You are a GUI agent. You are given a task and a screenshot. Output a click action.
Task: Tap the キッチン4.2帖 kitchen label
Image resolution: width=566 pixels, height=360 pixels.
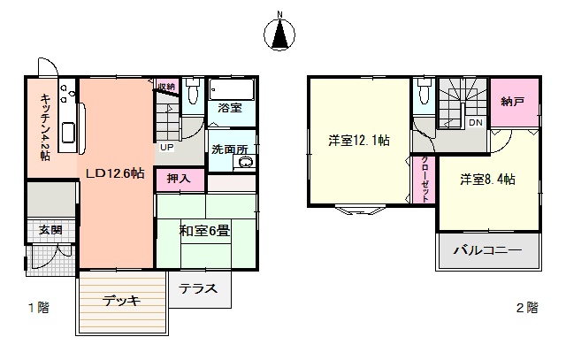tap(45, 127)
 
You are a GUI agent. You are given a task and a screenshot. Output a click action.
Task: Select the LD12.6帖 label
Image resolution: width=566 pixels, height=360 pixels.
tap(115, 173)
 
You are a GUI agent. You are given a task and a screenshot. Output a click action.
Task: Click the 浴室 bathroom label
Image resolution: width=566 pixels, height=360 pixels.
tap(230, 107)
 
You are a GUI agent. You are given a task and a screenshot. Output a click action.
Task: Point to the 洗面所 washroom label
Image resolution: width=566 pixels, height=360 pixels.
tap(230, 149)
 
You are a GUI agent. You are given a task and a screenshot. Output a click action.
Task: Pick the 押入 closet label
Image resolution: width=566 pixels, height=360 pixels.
tap(179, 179)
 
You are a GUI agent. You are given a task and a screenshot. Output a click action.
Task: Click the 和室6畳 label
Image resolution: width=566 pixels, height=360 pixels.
tap(204, 230)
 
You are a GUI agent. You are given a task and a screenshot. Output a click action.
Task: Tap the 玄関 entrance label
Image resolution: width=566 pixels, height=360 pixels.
tap(50, 230)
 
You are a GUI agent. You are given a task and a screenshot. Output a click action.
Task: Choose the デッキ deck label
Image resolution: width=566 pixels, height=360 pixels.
tap(121, 301)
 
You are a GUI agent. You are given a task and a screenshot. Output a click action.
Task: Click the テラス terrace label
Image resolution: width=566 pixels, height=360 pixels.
tap(198, 288)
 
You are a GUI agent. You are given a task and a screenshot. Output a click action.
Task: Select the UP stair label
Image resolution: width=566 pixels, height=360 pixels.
tap(167, 147)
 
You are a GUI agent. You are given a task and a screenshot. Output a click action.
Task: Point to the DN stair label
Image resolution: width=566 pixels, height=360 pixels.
tap(476, 122)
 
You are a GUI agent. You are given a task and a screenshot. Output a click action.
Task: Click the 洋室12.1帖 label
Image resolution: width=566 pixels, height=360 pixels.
tap(359, 140)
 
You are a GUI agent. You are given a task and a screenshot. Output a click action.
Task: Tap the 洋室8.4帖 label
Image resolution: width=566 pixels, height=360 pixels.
tap(487, 180)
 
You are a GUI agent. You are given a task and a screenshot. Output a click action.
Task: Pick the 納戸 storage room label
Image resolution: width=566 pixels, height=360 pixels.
tap(513, 102)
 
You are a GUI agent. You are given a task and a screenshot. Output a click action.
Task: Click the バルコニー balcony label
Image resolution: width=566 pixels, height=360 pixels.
tap(487, 250)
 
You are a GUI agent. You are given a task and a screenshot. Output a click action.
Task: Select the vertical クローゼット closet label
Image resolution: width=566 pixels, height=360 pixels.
tap(424, 179)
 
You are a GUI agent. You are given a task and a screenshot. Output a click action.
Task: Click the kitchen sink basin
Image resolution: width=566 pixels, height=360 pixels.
tap(69, 133)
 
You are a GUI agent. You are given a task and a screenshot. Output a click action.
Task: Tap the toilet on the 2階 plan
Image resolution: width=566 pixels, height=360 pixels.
tap(424, 91)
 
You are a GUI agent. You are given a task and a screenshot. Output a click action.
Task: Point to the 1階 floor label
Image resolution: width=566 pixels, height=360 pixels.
tap(39, 308)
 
